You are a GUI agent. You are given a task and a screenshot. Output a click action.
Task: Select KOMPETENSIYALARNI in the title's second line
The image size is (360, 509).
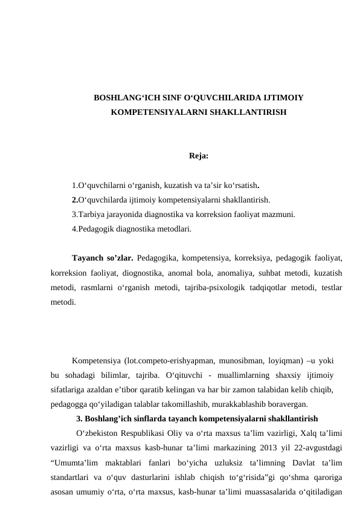point(153,113)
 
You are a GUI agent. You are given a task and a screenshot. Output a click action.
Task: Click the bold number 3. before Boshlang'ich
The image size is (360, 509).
point(80,418)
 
